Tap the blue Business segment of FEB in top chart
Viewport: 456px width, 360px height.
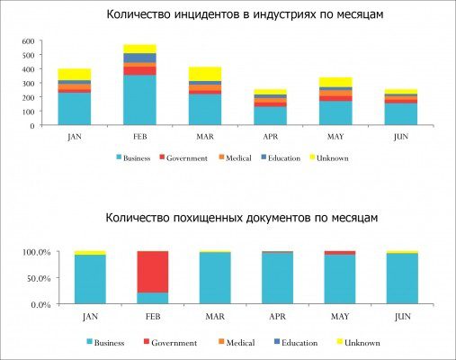pos(139,100)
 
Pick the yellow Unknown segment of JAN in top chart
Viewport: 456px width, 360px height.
pos(74,74)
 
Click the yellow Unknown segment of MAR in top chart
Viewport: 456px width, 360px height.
pos(204,73)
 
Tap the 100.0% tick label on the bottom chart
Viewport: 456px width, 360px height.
pos(30,252)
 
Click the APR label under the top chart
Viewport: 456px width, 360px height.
pos(269,139)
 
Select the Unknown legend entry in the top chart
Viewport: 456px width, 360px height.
pos(355,157)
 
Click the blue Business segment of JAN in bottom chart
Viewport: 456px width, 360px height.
pos(90,280)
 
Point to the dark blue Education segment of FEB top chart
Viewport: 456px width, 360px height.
pos(139,58)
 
